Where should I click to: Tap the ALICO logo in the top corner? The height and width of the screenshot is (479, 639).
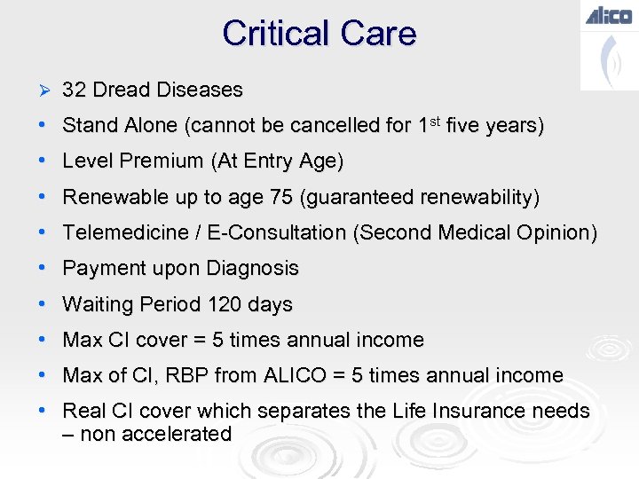(x=608, y=15)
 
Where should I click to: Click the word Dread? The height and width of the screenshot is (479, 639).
(x=120, y=90)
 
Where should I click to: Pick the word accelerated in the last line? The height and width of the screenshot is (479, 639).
(x=182, y=434)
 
